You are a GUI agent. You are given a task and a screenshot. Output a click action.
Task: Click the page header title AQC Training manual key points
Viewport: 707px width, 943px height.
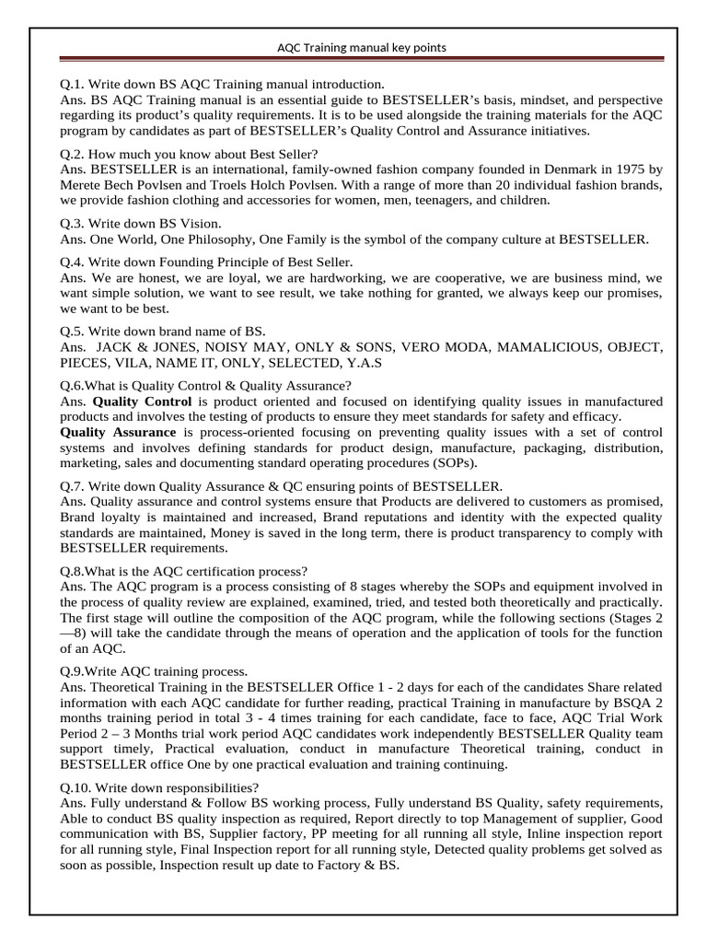click(x=362, y=47)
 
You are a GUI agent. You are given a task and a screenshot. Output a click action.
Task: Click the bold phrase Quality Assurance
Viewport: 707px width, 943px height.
click(x=117, y=432)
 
